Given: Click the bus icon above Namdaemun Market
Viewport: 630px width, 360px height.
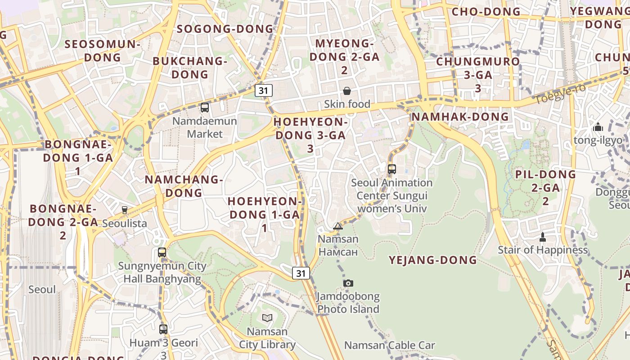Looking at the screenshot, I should click(205, 108).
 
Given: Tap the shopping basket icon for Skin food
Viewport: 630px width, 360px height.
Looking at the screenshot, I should click(347, 91).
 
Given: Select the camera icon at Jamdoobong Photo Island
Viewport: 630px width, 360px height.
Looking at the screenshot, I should click(348, 283).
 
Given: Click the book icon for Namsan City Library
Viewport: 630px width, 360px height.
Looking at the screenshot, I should click(267, 318).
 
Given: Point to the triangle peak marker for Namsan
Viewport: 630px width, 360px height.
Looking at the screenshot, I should click(338, 226).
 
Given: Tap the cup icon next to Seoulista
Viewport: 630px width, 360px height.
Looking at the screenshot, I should click(125, 210).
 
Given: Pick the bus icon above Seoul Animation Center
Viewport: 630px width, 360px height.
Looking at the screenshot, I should click(392, 169).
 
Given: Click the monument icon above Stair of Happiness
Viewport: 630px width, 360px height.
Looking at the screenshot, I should click(542, 237).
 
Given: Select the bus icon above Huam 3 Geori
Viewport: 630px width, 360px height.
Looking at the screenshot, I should click(163, 329).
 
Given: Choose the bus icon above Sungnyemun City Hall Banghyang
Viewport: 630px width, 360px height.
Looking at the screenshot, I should click(162, 252).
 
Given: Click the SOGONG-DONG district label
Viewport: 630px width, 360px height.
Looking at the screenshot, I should click(225, 29).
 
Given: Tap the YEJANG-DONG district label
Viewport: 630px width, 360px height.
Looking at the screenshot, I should click(432, 260).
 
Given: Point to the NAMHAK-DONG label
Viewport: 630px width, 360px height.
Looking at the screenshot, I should click(460, 117).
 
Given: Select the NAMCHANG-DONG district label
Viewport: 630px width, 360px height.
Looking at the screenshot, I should click(184, 186).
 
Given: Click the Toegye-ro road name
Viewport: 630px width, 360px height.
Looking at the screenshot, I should click(560, 94).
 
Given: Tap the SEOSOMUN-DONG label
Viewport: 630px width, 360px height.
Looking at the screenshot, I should click(103, 50).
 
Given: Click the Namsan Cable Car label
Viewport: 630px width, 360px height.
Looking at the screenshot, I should click(389, 345).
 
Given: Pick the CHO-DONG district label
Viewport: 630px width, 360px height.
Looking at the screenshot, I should click(486, 12).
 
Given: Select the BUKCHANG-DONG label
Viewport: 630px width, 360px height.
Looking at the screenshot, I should click(190, 67).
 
